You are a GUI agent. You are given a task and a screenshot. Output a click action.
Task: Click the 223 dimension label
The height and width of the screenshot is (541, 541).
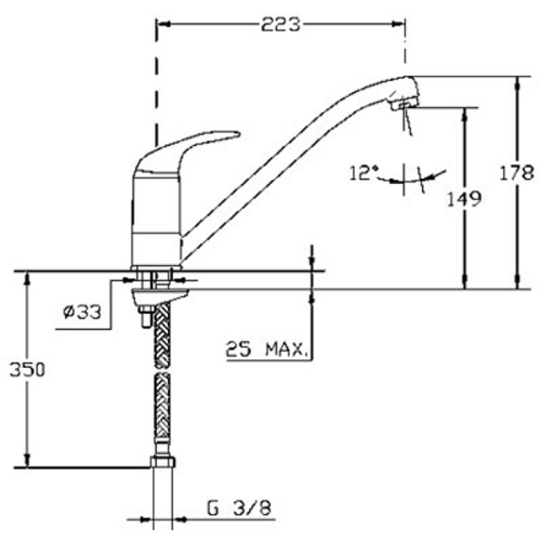(x=281, y=24)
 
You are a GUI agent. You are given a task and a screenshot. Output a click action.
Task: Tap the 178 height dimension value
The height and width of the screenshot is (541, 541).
(x=517, y=172)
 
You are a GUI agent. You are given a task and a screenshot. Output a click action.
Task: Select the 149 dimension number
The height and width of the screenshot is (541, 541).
(x=464, y=199)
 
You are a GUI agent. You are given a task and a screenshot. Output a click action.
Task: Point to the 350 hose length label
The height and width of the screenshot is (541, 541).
(x=27, y=369)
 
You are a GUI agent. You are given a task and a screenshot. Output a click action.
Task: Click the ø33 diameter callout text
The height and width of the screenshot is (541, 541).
(x=82, y=312)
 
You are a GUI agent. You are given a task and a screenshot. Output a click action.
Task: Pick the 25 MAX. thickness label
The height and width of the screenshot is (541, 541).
(x=266, y=350)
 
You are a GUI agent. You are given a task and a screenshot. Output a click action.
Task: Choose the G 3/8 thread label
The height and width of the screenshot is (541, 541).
(x=239, y=508)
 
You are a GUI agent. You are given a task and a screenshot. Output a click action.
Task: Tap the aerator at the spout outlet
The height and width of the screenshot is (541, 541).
(x=404, y=104)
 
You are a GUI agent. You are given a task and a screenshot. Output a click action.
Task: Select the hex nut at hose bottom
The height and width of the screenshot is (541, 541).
(x=163, y=462)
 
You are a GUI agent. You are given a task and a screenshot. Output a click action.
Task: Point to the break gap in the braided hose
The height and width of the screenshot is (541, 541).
(x=162, y=371)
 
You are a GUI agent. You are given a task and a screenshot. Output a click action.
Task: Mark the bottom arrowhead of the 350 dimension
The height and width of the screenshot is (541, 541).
(x=27, y=461)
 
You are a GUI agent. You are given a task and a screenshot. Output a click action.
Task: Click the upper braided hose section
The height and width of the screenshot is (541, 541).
(x=162, y=335)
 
